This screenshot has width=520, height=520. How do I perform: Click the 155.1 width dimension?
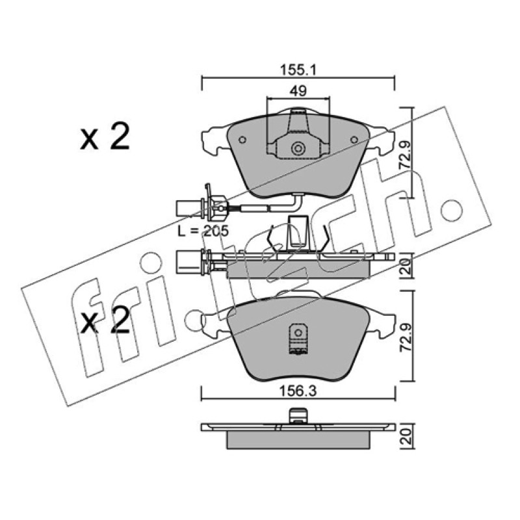298,70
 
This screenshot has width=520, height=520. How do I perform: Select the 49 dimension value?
298,91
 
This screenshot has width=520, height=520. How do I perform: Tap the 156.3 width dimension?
298,391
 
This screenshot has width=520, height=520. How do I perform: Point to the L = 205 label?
203,231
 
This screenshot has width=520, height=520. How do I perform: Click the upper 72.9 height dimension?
404,155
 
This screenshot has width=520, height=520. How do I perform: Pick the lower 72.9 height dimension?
404,337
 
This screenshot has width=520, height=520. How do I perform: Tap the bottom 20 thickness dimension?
405,436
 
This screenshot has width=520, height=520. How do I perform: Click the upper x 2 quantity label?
105,136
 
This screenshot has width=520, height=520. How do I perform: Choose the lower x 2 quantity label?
105,320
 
